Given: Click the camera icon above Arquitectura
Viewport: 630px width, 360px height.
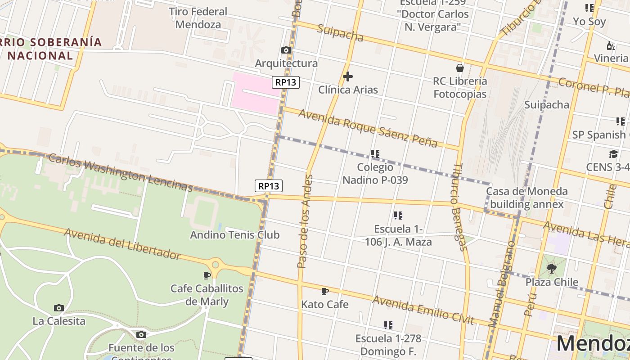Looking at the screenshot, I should [x=286, y=50].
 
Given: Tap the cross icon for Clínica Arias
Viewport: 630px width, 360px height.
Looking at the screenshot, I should [x=347, y=76].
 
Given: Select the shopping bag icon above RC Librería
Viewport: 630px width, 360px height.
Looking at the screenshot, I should [x=459, y=68].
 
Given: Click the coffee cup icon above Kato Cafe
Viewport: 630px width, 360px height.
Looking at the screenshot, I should [x=324, y=291].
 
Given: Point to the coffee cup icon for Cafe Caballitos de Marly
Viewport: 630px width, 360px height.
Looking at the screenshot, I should [x=207, y=275].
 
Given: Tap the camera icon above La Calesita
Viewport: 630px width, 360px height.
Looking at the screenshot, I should [x=58, y=308].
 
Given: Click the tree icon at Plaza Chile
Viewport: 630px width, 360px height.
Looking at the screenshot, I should [x=551, y=269].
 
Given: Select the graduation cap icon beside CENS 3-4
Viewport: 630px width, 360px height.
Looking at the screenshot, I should [x=613, y=154].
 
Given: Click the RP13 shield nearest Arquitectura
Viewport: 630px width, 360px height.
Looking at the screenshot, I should [x=286, y=82].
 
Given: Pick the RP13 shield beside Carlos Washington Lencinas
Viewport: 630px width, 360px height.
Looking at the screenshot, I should [x=269, y=186].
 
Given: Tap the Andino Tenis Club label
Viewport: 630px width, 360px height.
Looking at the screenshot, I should [x=234, y=235].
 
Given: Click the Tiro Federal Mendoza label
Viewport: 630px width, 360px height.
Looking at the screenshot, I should [x=198, y=18].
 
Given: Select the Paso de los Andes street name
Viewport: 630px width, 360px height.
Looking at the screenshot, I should [x=305, y=221].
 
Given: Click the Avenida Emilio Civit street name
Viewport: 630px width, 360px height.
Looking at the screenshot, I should [x=423, y=310].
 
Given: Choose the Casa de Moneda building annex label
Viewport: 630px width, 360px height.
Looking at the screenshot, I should [x=526, y=198].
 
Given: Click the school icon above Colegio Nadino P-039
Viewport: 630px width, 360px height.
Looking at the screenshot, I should [x=375, y=154].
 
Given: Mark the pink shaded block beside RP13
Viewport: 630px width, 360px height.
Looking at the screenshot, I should [x=254, y=93].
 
